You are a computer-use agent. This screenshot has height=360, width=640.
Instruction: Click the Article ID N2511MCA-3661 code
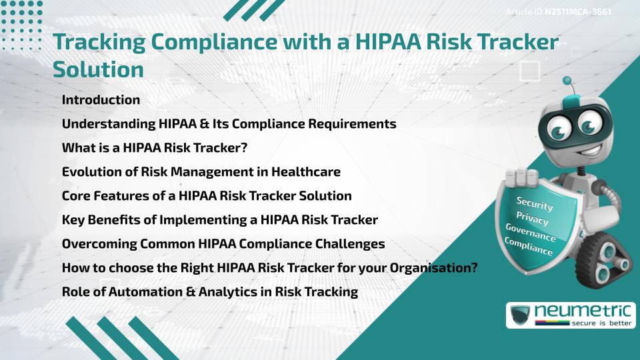point(578,12)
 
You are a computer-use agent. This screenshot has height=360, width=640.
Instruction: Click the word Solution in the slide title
point(98,69)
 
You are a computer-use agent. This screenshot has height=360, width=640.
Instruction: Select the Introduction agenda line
point(101,100)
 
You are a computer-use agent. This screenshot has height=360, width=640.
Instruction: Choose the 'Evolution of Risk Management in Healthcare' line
point(201,172)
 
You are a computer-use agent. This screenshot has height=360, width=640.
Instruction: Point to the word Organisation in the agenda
point(418,268)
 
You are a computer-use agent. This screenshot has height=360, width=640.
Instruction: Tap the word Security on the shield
point(535,204)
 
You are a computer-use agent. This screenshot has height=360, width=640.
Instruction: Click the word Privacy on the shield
point(532,219)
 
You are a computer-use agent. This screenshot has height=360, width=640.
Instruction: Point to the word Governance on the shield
point(531,233)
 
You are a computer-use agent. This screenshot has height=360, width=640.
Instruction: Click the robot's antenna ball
point(569,82)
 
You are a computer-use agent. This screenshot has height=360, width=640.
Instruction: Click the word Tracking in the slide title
point(97,43)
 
